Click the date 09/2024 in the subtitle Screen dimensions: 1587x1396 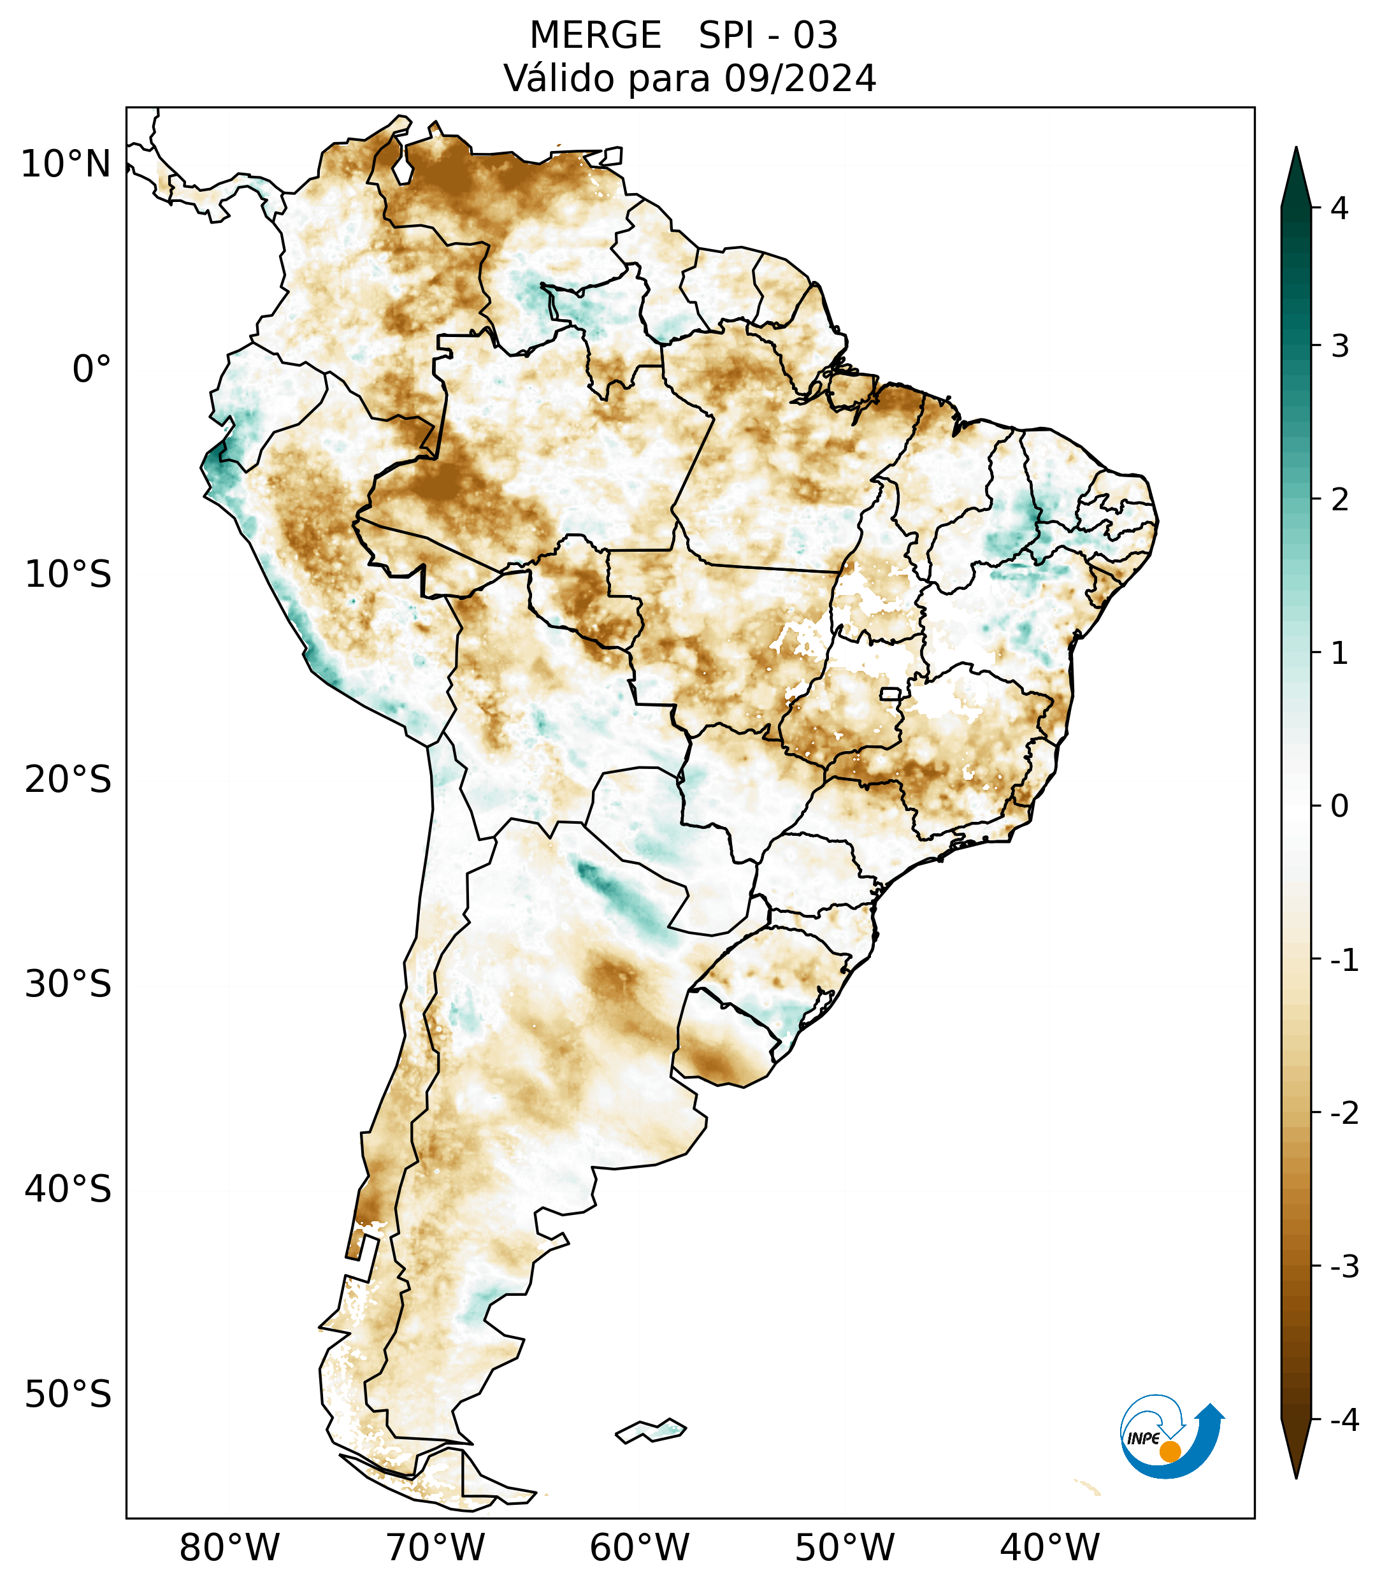(x=800, y=78)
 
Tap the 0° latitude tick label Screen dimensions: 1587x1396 (x=92, y=370)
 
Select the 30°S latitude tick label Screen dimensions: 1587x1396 (x=68, y=984)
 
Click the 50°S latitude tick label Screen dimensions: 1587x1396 (x=68, y=1395)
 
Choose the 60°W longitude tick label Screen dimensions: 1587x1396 (x=639, y=1548)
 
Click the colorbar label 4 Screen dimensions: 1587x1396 (x=1339, y=208)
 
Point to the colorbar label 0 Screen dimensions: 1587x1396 (x=1339, y=807)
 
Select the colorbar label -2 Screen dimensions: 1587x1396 (x=1344, y=1114)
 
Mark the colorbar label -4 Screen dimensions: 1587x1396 (x=1344, y=1420)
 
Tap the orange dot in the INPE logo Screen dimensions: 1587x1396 (x=1170, y=1451)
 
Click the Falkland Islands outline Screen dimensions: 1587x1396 (x=651, y=1430)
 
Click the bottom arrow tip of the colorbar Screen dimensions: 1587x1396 (x=1296, y=1477)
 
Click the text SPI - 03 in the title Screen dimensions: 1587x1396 (x=768, y=36)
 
